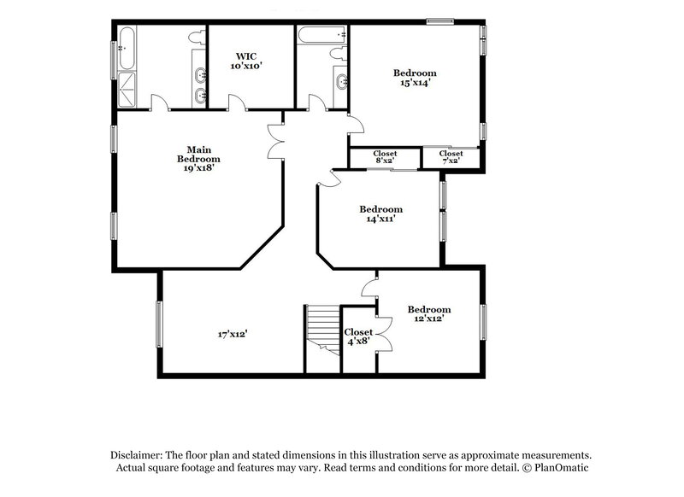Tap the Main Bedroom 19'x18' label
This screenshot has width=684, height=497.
[198, 158]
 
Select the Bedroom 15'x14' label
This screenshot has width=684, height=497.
[415, 78]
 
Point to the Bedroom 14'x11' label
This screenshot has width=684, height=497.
[380, 213]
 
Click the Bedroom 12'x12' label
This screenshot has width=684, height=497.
[428, 313]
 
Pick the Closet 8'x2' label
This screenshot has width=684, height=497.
[385, 157]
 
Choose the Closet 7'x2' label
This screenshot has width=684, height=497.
[451, 157]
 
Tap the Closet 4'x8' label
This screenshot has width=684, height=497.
[358, 336]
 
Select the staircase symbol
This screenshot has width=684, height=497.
[323, 329]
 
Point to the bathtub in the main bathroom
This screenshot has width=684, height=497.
[126, 47]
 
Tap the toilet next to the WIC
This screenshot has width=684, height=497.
[198, 38]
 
